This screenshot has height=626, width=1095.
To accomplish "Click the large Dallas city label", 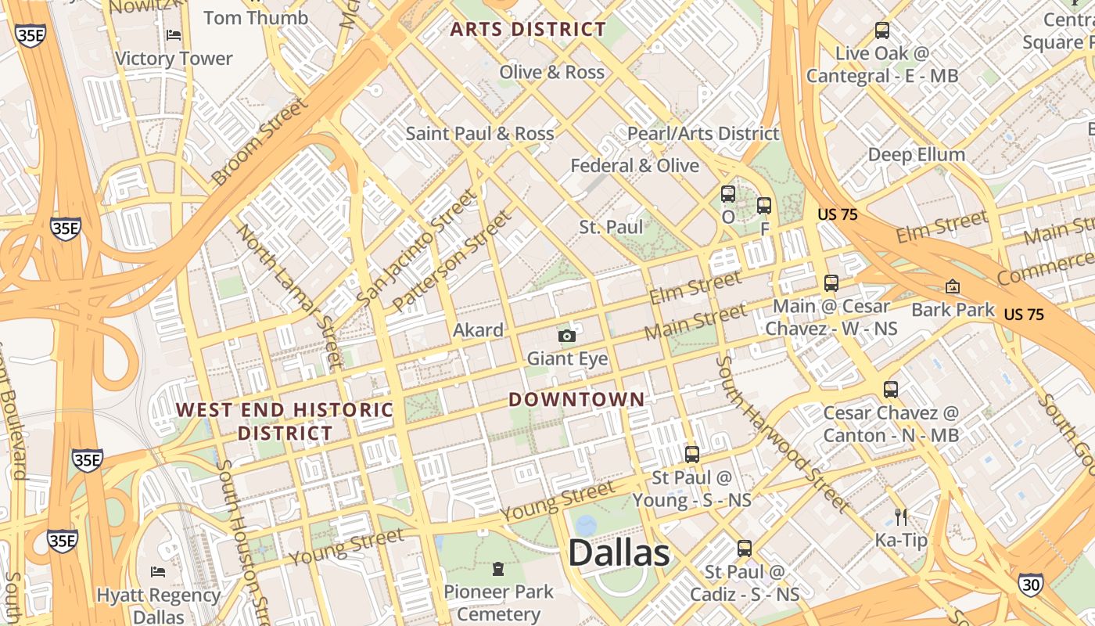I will pos(619,553).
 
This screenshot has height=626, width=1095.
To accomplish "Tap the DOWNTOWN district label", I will pos(576,399).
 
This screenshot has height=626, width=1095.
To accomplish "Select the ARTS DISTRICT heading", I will pos(528,30).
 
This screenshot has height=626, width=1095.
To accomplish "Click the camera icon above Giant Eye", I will pos(567,336).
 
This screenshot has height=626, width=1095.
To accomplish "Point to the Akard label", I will pos(478,330).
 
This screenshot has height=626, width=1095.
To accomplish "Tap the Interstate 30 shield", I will pos(1030,583).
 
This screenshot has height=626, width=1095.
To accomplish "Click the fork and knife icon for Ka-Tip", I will pos(901,516).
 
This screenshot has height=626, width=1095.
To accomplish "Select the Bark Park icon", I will pos(952,286).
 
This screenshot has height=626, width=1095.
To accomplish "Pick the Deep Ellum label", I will pos(916,154).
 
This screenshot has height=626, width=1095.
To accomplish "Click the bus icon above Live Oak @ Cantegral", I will pos(882,31).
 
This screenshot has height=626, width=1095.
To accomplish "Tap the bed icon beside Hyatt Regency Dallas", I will pos(157,571).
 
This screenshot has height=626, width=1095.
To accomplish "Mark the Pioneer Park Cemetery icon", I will pos(498,567).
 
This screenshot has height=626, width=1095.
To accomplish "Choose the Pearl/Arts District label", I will pos(703,134).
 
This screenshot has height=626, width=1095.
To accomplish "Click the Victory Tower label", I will pos(174,59).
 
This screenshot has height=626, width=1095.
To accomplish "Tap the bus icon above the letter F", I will pos(764,206).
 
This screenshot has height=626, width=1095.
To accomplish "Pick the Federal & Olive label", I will pos(634,166).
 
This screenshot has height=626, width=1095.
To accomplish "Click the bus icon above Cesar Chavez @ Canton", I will pos(890,389).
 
